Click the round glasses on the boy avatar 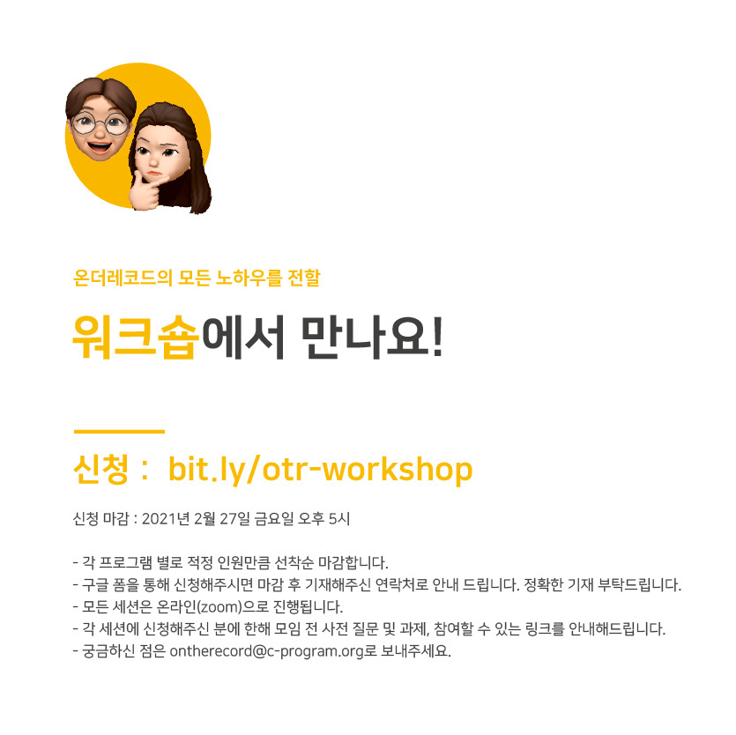coord(100,123)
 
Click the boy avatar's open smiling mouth coord(100,147)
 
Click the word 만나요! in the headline coord(372,337)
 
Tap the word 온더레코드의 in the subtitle coord(123,278)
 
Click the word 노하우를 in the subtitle coord(249,278)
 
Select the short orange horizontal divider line coord(119,431)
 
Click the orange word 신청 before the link coord(100,469)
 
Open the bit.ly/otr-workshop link coord(320,470)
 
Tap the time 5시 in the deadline coord(338,518)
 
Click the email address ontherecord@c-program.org coord(267,651)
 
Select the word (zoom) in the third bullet coord(219,607)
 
